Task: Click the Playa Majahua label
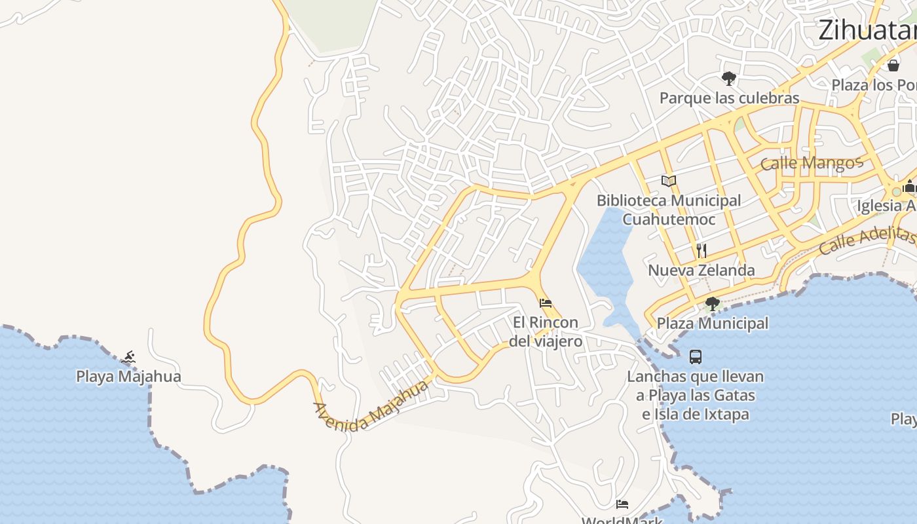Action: click(x=128, y=377)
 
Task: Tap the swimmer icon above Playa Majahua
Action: click(x=129, y=358)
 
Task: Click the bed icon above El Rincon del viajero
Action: click(x=546, y=303)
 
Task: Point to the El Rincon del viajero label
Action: click(x=546, y=331)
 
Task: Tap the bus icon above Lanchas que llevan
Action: click(x=696, y=357)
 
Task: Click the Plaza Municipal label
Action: click(x=713, y=324)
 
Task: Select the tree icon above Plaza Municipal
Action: click(x=713, y=304)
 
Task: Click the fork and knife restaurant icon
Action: click(x=702, y=250)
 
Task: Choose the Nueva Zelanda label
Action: click(x=702, y=270)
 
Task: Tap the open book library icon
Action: click(x=668, y=181)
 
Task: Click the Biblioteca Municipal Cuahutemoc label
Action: click(x=669, y=210)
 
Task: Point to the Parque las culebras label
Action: click(x=729, y=98)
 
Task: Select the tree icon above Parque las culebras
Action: click(x=728, y=79)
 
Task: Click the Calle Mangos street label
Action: click(x=812, y=162)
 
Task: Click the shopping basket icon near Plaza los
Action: click(x=893, y=65)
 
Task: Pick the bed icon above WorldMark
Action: click(x=622, y=504)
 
